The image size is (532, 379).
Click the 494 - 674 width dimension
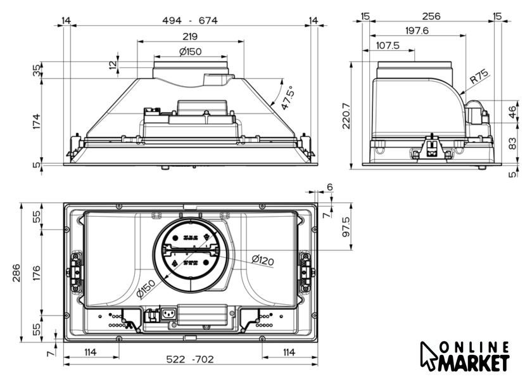pos(189,21)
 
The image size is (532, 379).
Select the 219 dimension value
pos(190,36)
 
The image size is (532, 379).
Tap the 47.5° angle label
pos(287,98)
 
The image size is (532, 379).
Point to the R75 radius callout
pos(479,77)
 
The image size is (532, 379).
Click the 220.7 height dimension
pos(346,116)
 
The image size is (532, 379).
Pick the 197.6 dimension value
pos(417,31)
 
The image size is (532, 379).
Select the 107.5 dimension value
pos(388,45)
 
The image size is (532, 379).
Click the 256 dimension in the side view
pos(431,16)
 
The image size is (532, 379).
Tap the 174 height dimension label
pos(36,121)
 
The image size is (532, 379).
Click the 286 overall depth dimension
pos(16,273)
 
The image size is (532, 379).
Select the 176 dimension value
pos(36,273)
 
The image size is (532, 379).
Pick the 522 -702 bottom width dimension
pos(190,359)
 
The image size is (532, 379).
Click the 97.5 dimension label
pos(346,227)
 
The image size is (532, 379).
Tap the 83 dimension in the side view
pos(512,143)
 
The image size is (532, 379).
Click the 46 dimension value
pos(512,112)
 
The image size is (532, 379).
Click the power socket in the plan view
pos(168,314)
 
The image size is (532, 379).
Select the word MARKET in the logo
pos(474,363)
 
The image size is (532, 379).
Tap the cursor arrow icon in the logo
pos(428,356)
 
